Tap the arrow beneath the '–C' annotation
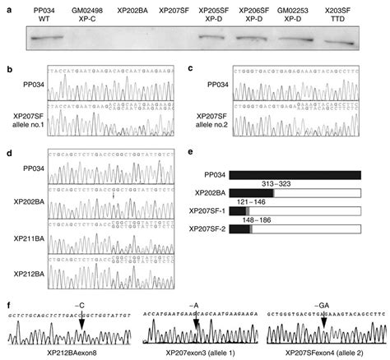click(81, 324)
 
